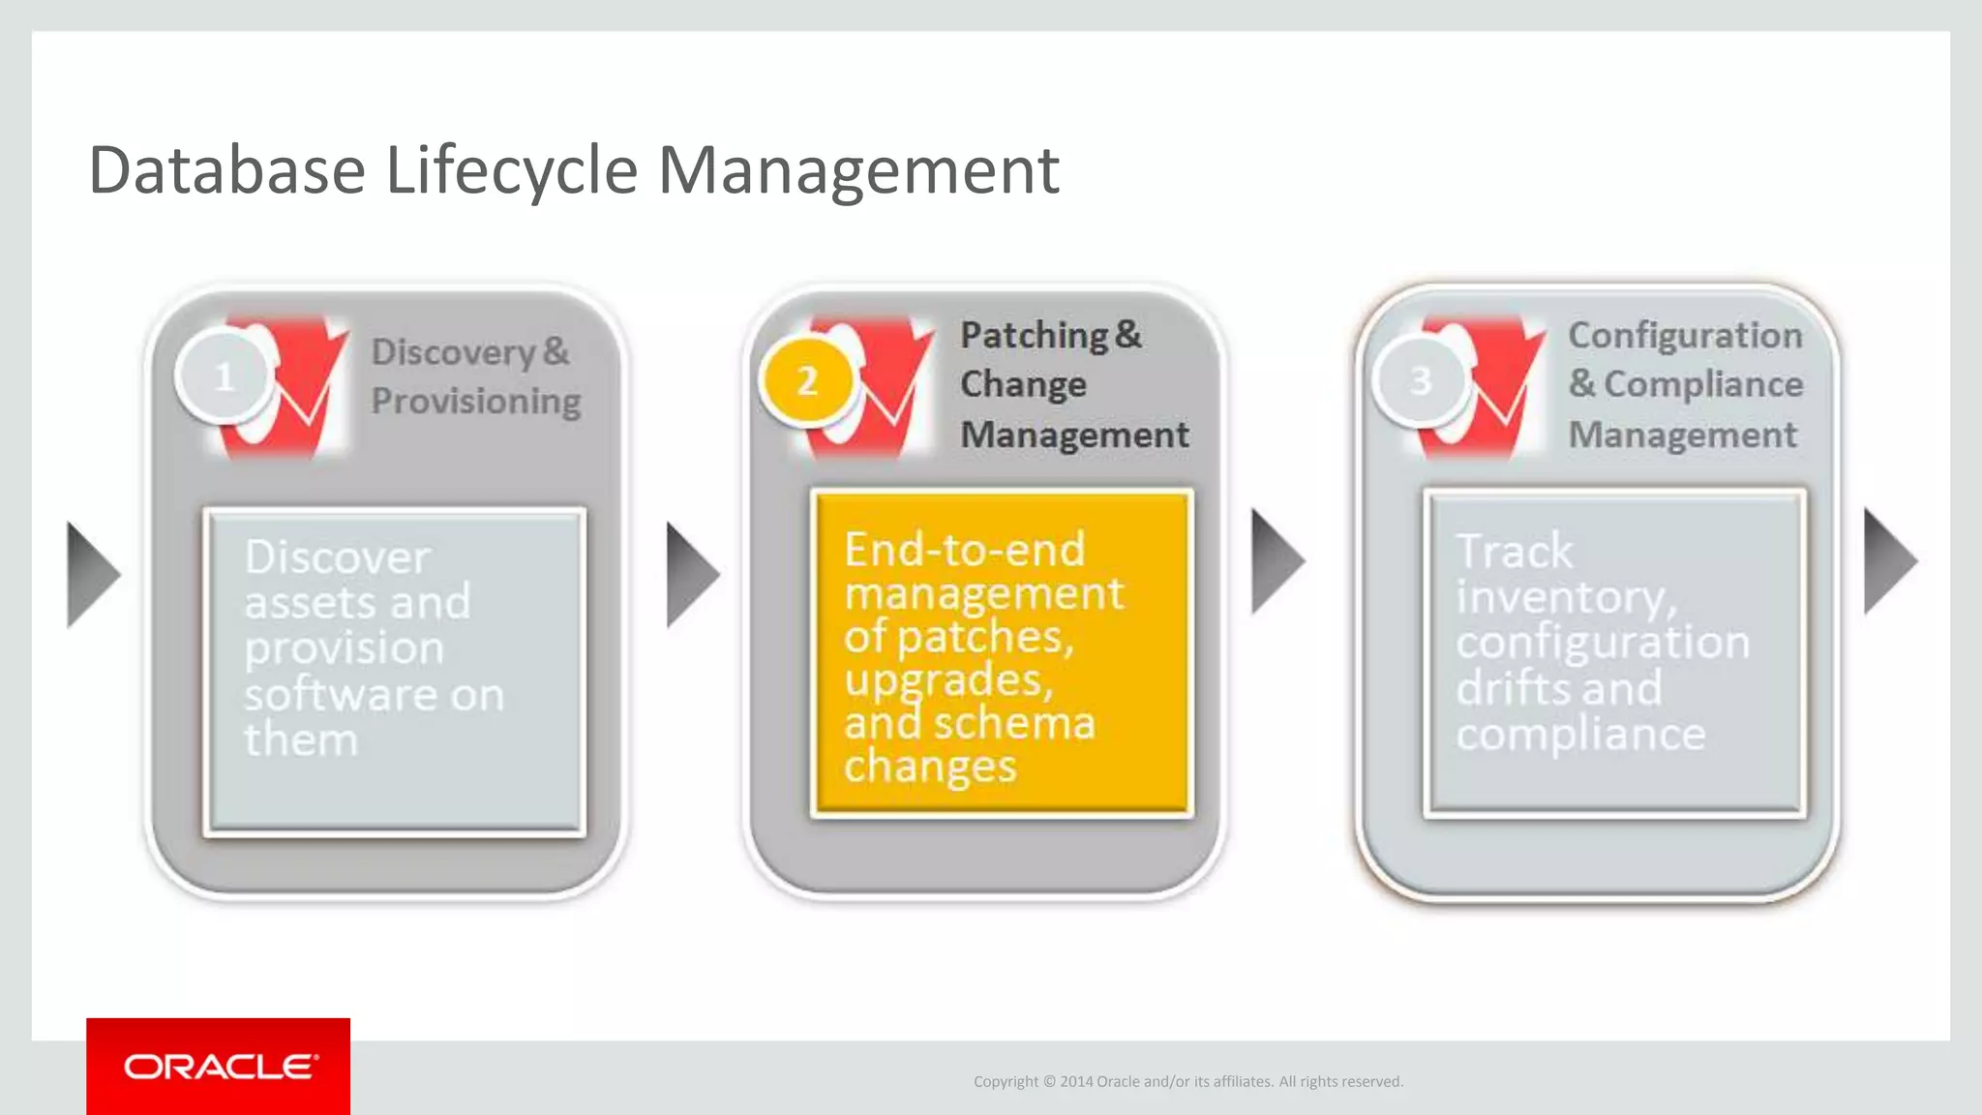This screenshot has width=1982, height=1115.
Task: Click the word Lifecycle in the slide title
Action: coord(511,171)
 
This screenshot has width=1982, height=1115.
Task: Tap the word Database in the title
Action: coord(226,171)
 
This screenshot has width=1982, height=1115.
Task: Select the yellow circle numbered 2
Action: coord(807,381)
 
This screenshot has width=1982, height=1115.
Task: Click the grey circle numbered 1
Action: coord(224,377)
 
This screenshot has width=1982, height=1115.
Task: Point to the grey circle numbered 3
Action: coord(1420,380)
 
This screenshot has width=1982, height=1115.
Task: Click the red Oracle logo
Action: coord(219,1067)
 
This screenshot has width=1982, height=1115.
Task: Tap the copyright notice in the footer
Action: coord(1187,1081)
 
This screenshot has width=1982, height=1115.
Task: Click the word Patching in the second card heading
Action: coord(1034,335)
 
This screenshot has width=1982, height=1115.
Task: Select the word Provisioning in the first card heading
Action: coord(476,401)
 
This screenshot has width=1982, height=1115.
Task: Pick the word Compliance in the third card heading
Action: coord(1703,384)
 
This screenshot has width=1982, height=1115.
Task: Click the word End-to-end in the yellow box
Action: coord(964,550)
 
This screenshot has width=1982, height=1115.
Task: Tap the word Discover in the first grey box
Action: coord(337,557)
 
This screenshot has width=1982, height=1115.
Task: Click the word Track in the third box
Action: coord(1515,552)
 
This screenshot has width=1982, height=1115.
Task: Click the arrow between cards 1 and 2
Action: coord(690,575)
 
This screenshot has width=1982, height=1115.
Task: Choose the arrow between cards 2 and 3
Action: coord(1275,561)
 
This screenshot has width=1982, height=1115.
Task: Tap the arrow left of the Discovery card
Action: coord(91,575)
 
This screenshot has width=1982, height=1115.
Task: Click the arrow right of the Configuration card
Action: coord(1887,561)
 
